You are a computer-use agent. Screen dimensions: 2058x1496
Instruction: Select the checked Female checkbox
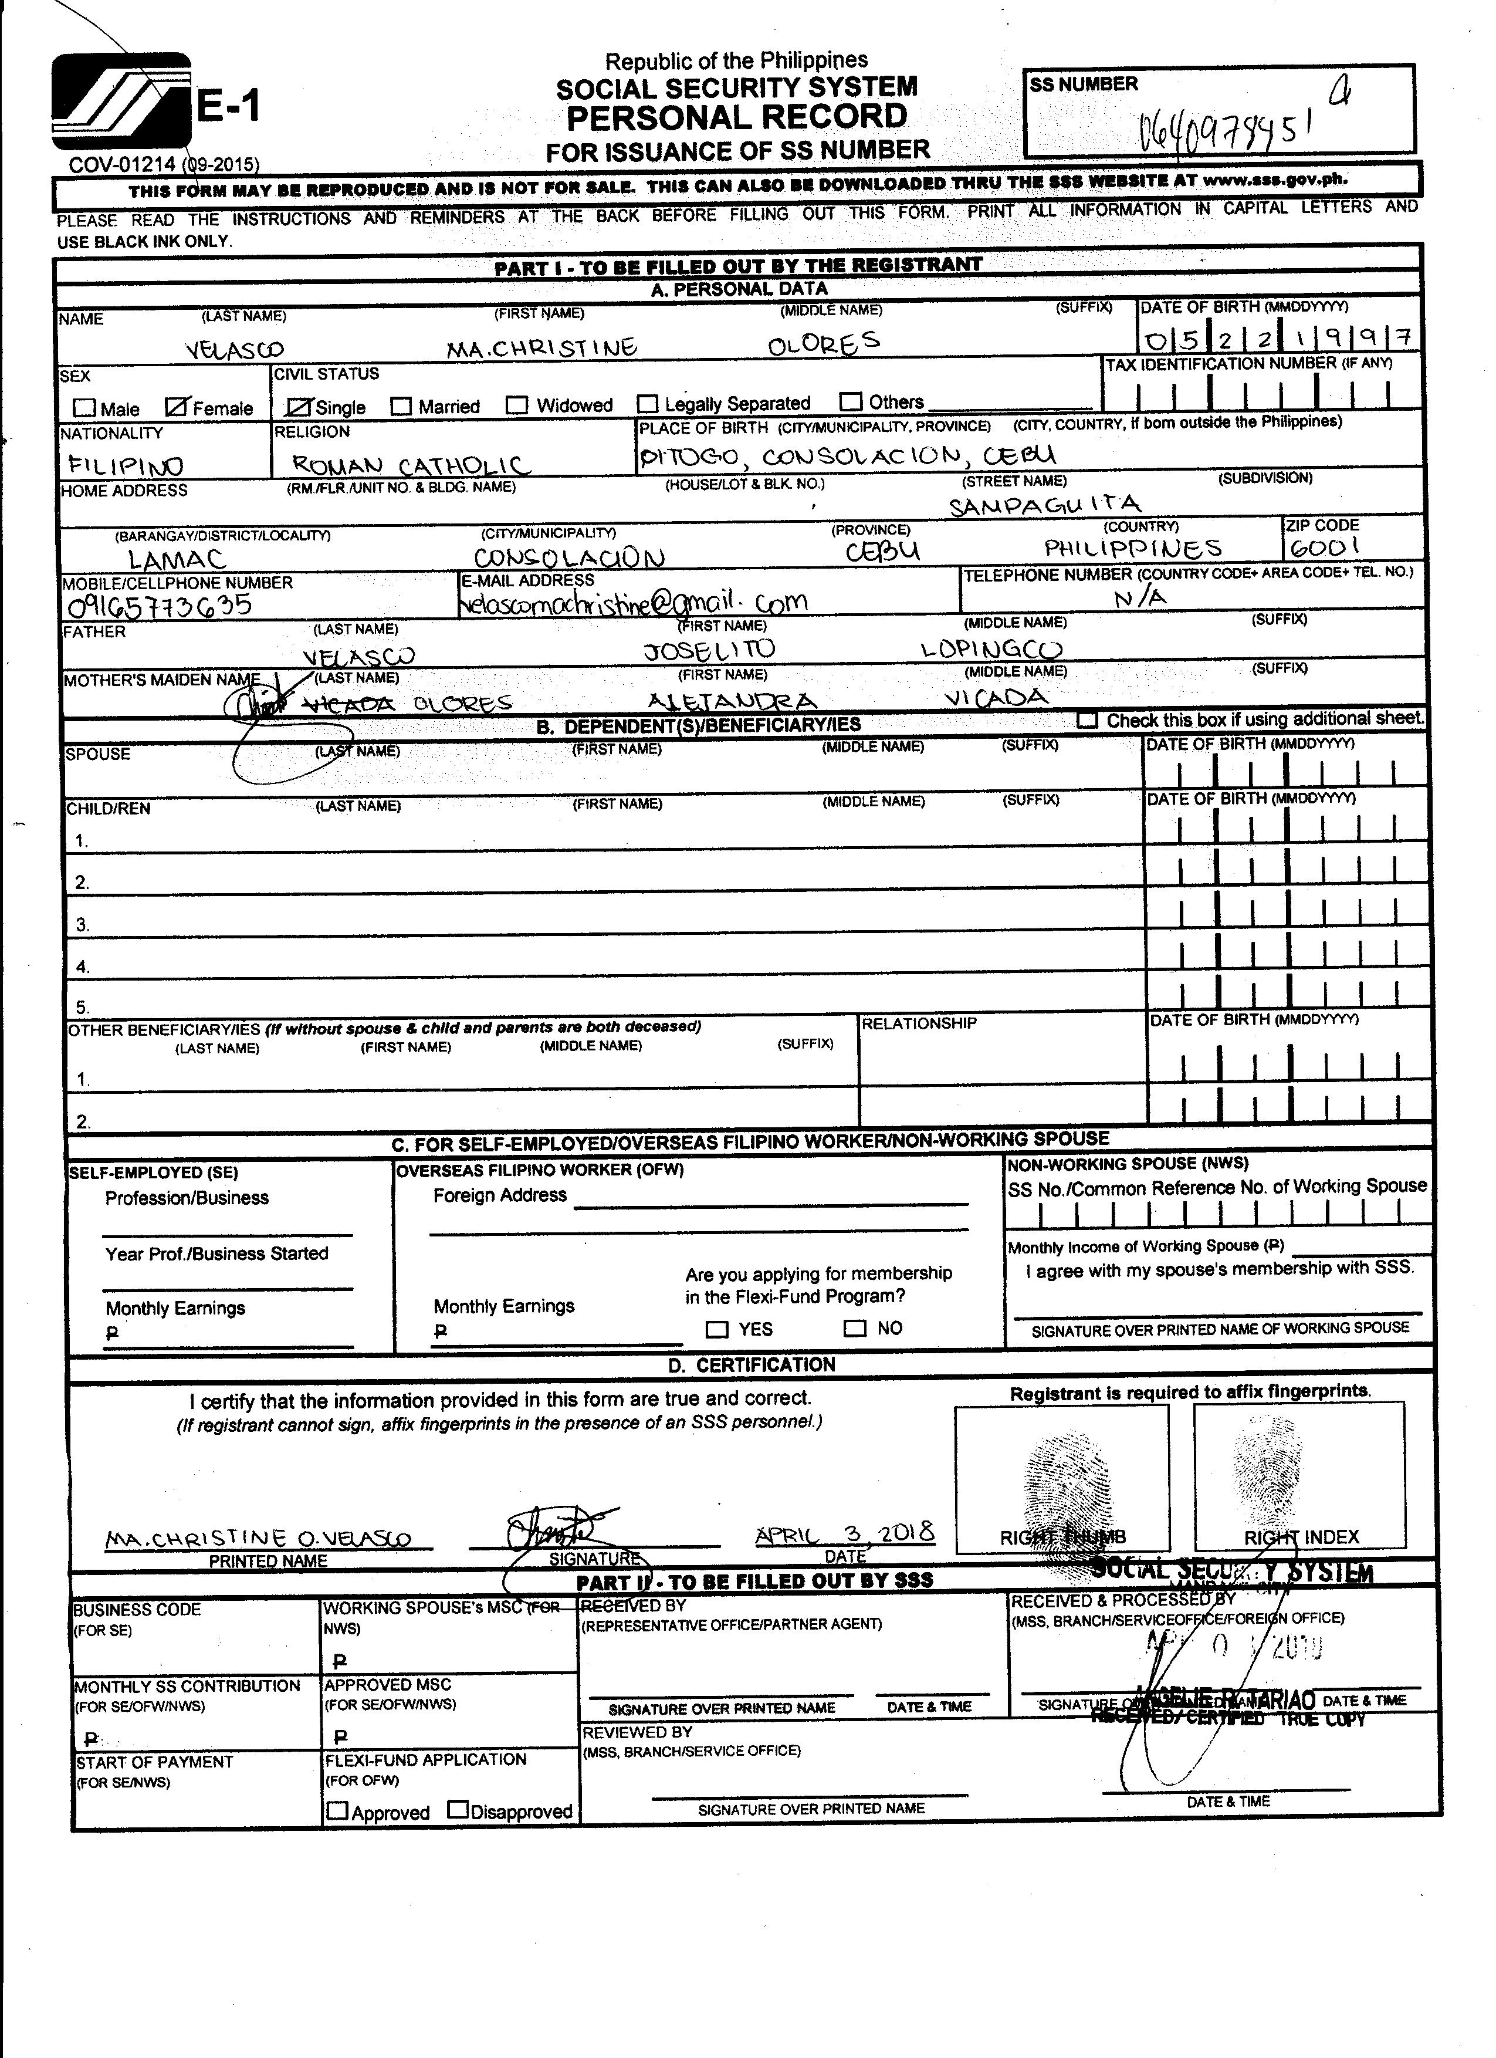click(177, 407)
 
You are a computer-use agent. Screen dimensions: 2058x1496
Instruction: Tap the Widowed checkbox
click(517, 405)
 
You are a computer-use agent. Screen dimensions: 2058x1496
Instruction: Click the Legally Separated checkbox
click(648, 403)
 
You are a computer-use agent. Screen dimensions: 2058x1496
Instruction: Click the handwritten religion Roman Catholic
click(410, 465)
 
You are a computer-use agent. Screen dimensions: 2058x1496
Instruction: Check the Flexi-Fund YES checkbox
click(717, 1329)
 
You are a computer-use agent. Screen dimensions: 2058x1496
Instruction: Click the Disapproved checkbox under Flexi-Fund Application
click(458, 1810)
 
